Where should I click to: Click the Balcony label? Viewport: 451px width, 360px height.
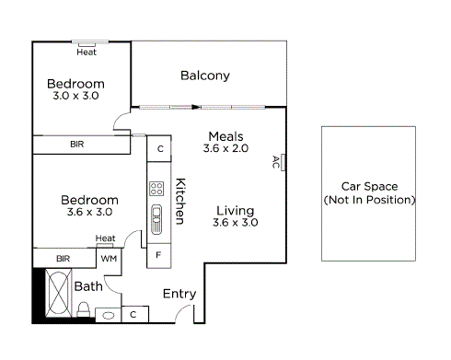pyautogui.click(x=204, y=75)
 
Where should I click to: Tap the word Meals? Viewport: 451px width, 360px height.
pyautogui.click(x=225, y=135)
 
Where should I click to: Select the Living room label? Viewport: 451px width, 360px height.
pyautogui.click(x=235, y=209)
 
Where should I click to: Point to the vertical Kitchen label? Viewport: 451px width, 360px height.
pyautogui.click(x=180, y=201)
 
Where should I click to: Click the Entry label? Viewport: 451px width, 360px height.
pyautogui.click(x=179, y=294)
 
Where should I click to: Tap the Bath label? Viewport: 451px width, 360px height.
pyautogui.click(x=88, y=286)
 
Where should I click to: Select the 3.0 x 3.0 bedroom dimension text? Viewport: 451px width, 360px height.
pyautogui.click(x=74, y=96)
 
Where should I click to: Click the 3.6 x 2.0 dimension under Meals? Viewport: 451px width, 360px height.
pyautogui.click(x=225, y=148)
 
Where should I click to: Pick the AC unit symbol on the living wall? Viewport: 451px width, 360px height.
pyautogui.click(x=283, y=163)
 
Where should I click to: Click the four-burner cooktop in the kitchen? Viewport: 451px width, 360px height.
pyautogui.click(x=156, y=190)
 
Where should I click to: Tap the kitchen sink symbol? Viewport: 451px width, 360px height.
pyautogui.click(x=156, y=217)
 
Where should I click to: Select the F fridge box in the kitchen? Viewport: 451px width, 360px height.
pyautogui.click(x=158, y=254)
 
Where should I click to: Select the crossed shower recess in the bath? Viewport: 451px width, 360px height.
pyautogui.click(x=56, y=295)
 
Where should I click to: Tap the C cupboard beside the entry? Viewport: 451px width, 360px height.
pyautogui.click(x=133, y=315)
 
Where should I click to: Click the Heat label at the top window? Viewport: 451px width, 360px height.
pyautogui.click(x=87, y=52)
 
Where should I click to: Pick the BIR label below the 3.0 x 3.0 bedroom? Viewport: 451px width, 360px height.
pyautogui.click(x=78, y=145)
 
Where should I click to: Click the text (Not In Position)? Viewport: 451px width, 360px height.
pyautogui.click(x=370, y=200)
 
